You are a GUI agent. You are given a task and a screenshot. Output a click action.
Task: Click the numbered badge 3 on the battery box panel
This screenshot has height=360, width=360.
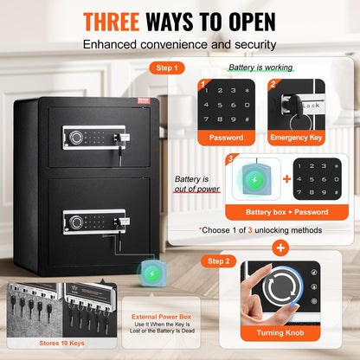pyautogui.click(x=229, y=157)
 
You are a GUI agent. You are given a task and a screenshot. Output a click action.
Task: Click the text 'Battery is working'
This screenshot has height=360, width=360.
pyautogui.click(x=260, y=67)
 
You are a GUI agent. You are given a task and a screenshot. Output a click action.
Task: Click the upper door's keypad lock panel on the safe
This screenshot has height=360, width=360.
pyautogui.click(x=90, y=137)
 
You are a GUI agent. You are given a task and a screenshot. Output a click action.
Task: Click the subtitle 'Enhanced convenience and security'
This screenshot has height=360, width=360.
pyautogui.click(x=180, y=42)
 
